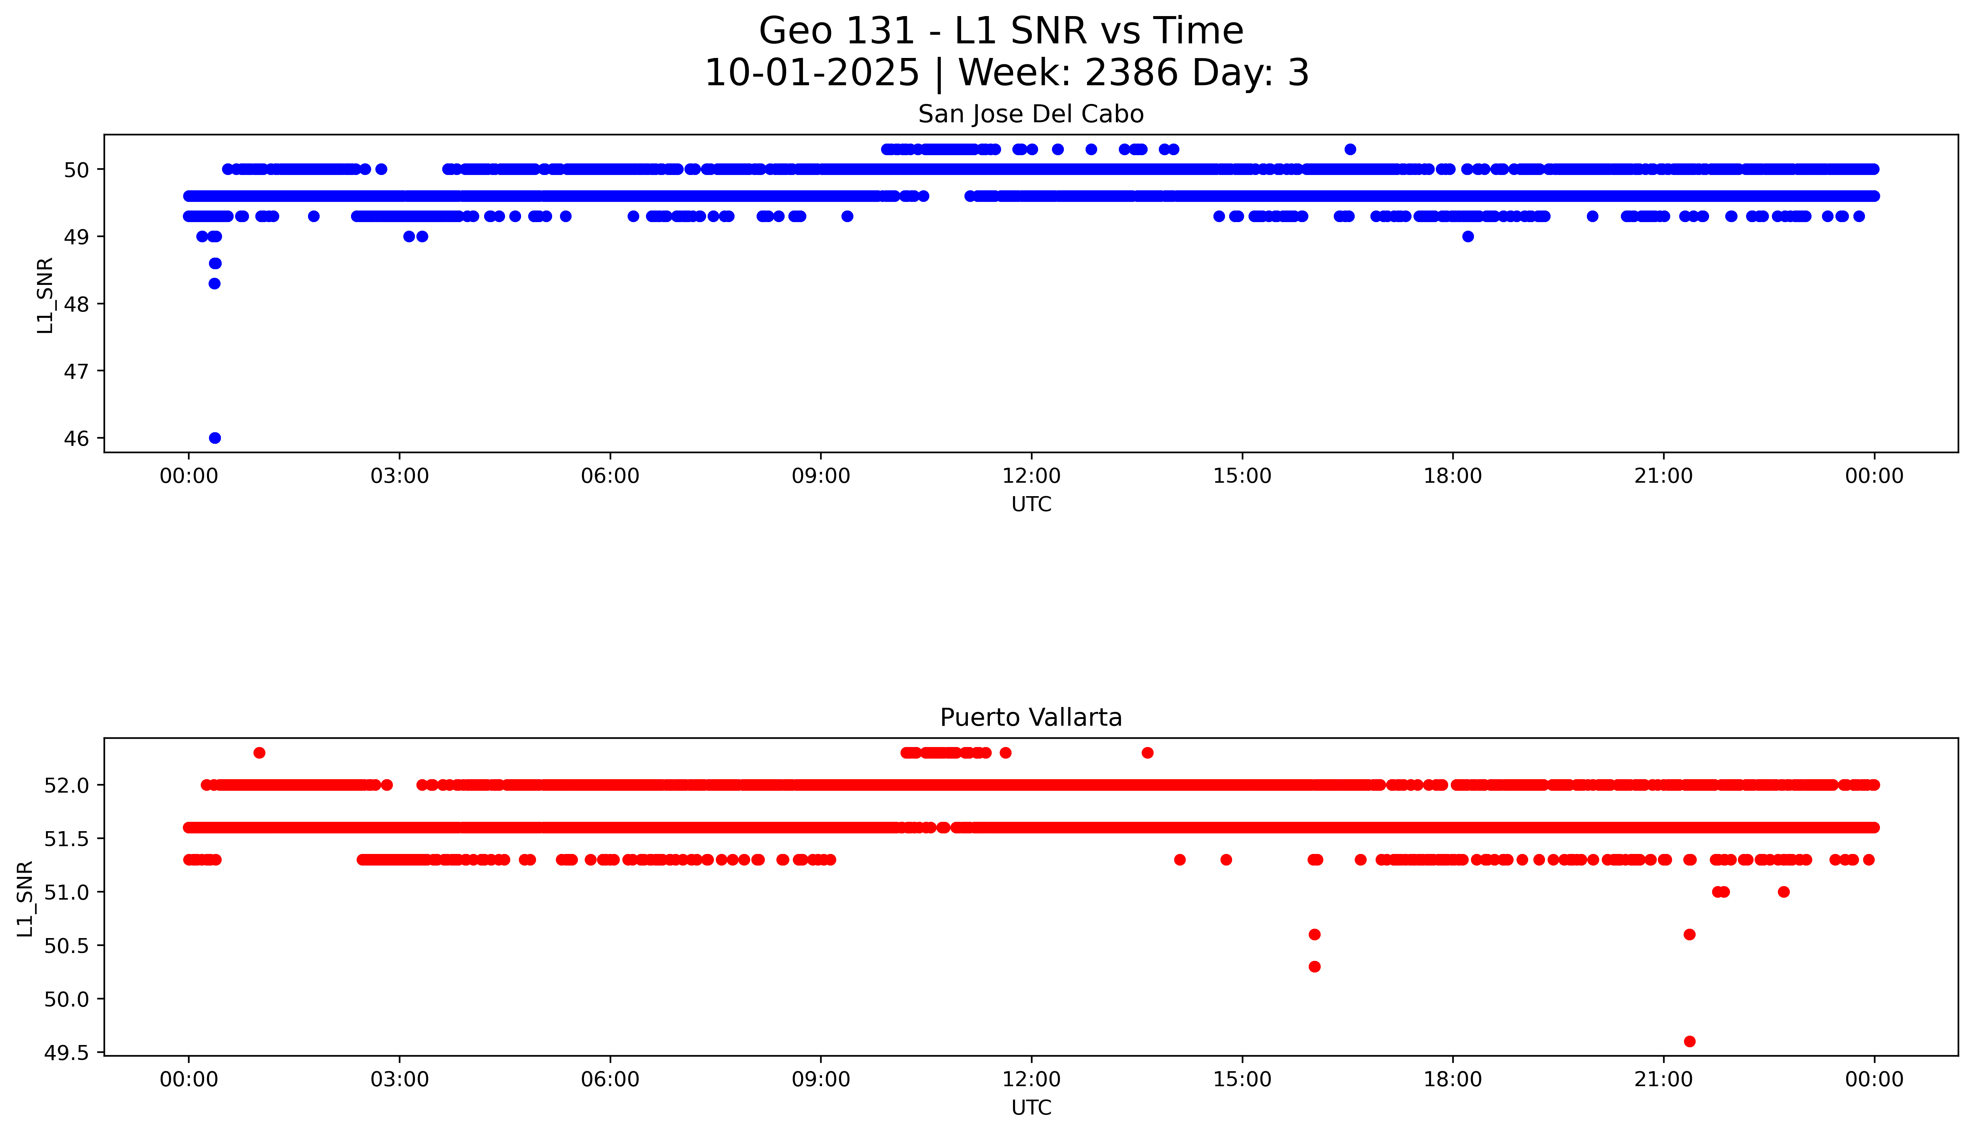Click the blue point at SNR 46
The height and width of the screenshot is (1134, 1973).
(x=215, y=438)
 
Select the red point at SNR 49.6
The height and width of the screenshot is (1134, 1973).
(x=1690, y=1041)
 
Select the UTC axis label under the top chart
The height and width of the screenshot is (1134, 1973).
(x=1031, y=505)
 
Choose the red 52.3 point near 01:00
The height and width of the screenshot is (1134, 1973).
(x=259, y=752)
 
